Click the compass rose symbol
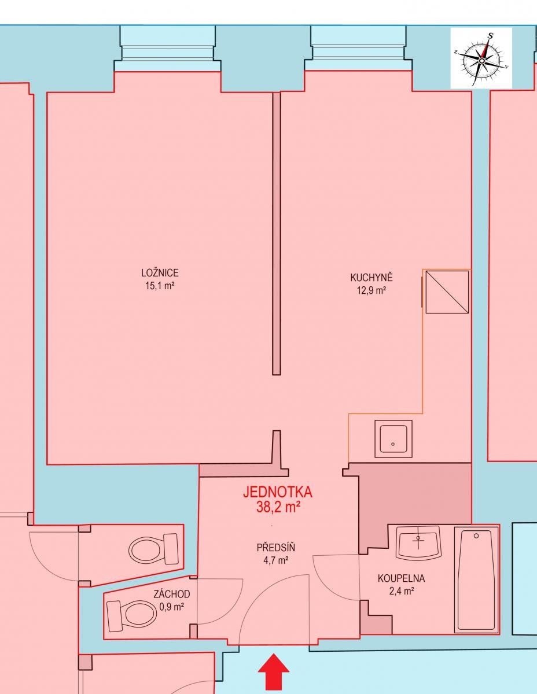[481, 58]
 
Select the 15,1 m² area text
[160, 285]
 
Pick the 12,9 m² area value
[371, 290]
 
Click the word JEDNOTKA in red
[278, 492]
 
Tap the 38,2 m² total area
[278, 507]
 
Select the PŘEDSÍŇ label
[273, 548]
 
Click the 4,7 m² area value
[273, 560]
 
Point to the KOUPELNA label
[402, 578]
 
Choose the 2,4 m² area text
[402, 590]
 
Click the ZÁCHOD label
[171, 594]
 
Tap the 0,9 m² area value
[171, 607]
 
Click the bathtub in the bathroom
[476, 579]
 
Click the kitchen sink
[393, 439]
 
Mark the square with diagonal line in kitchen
[447, 292]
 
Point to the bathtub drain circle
[476, 536]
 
